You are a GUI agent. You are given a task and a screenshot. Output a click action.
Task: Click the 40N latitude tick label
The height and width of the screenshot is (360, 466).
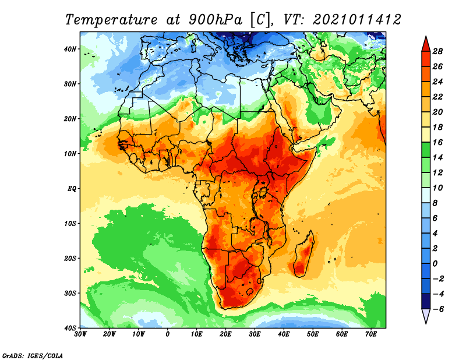click(x=70, y=49)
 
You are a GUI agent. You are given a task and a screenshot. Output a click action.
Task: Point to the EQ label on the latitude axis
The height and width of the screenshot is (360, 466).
click(x=72, y=189)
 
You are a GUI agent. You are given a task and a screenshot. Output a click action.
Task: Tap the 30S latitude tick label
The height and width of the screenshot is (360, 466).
click(x=70, y=294)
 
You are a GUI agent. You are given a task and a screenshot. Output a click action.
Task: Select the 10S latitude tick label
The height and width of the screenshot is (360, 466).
click(x=70, y=224)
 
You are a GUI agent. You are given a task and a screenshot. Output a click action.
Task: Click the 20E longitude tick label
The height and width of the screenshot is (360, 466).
click(x=225, y=334)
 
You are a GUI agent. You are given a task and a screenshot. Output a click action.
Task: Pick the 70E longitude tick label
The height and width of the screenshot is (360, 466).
click(x=371, y=334)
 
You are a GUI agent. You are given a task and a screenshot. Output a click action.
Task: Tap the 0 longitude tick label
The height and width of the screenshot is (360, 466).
click(x=168, y=334)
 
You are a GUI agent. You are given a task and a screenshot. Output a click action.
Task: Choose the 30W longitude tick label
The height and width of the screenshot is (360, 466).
click(x=80, y=334)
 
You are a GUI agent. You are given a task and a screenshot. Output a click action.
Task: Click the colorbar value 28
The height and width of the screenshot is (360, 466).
click(x=437, y=51)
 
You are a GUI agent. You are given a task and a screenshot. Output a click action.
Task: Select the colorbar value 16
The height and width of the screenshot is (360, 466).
click(x=437, y=142)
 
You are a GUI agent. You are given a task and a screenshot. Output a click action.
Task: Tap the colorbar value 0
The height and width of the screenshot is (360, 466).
click(x=435, y=264)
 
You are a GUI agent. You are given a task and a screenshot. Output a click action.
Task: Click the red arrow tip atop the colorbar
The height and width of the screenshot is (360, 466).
click(x=426, y=37)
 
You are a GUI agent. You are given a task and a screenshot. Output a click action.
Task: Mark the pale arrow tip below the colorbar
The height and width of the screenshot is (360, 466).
click(x=426, y=323)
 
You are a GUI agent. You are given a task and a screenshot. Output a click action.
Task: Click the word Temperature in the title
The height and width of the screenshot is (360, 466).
click(x=111, y=20)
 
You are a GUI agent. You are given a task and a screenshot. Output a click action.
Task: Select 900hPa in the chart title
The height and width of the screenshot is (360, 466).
click(x=215, y=20)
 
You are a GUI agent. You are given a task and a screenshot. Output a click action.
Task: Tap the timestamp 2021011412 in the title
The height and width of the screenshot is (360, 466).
click(x=356, y=20)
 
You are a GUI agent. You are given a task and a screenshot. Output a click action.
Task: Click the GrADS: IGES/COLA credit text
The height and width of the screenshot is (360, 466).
click(x=33, y=356)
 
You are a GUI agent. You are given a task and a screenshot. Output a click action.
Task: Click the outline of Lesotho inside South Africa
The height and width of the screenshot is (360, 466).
click(x=250, y=291)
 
